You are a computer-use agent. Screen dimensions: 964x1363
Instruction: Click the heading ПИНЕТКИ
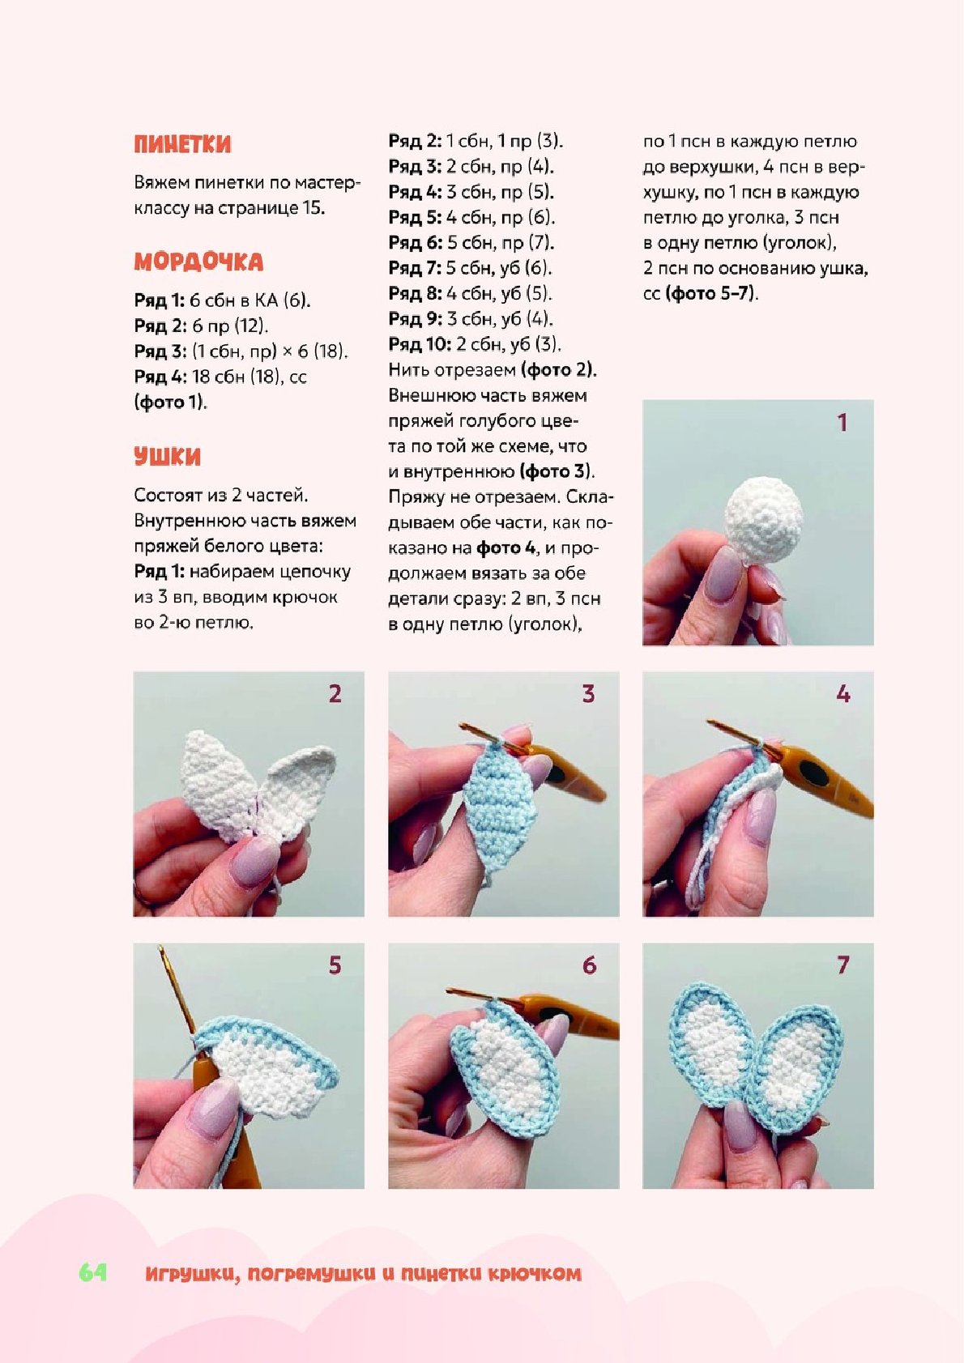(182, 145)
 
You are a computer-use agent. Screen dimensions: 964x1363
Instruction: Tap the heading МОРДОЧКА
(198, 262)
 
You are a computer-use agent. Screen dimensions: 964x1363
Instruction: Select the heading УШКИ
(168, 457)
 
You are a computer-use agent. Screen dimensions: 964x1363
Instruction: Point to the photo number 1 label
(842, 423)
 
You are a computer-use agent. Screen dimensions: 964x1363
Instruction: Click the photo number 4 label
(842, 694)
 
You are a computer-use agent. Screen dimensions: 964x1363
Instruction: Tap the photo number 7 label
(842, 965)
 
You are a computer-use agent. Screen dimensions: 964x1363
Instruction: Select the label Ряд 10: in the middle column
(420, 344)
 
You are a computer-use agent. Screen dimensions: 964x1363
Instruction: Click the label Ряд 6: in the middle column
(416, 243)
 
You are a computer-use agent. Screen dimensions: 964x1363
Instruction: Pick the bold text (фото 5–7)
(711, 294)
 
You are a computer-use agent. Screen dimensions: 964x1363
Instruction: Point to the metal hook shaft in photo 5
(177, 998)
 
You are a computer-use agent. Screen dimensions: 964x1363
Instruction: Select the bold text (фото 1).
(170, 403)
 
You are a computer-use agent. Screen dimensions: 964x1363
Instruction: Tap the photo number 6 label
(589, 965)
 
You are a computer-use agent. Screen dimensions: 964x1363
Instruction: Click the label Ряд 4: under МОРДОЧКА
(160, 377)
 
